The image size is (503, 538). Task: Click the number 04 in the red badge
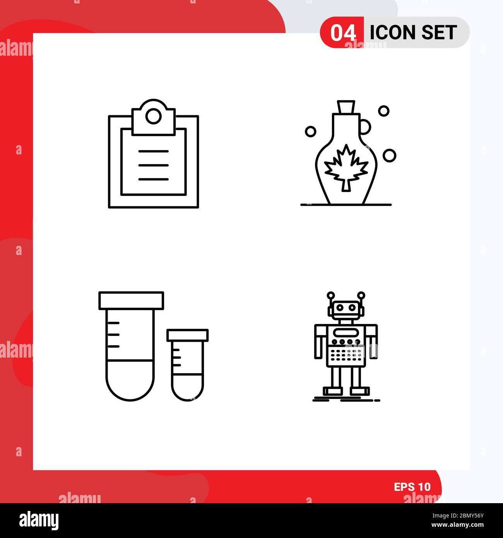(x=343, y=33)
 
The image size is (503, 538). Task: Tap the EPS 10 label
(x=412, y=487)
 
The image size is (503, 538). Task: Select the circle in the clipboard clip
(x=154, y=116)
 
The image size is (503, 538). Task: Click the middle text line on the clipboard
(x=154, y=165)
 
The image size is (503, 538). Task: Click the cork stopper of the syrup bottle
(x=346, y=106)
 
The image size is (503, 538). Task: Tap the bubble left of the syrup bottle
(x=310, y=132)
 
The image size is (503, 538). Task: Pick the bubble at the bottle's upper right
(x=383, y=111)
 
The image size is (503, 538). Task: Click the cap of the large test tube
(x=131, y=301)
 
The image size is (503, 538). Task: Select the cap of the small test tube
(x=188, y=335)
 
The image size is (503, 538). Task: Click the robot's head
(x=346, y=308)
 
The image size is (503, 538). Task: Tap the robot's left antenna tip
(x=330, y=295)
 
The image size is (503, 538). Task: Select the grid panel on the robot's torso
(x=346, y=353)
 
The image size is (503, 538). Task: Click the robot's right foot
(x=360, y=391)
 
